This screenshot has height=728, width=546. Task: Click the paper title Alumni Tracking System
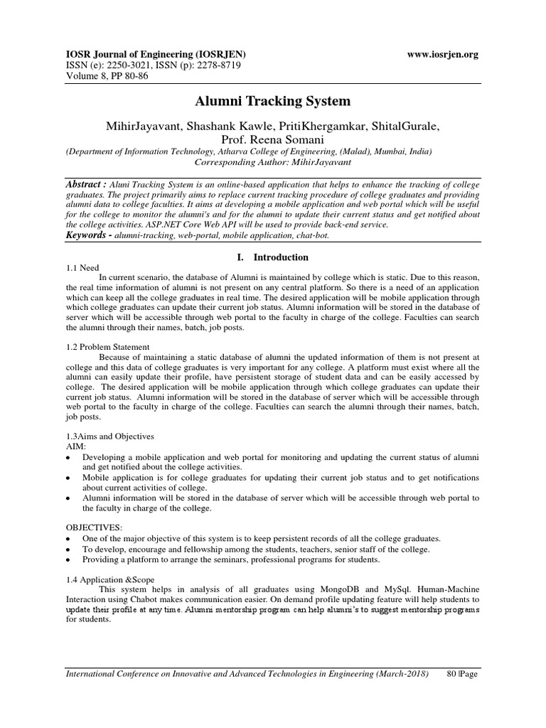tap(273, 101)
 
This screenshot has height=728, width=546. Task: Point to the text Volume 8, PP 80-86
tap(107, 75)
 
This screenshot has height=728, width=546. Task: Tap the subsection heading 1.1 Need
tap(82, 269)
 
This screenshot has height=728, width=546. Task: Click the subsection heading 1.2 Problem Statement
tap(107, 347)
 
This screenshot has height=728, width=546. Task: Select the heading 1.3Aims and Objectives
tap(109, 435)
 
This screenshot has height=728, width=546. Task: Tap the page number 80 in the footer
tap(451, 674)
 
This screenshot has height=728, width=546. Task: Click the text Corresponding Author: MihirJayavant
tap(273, 162)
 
